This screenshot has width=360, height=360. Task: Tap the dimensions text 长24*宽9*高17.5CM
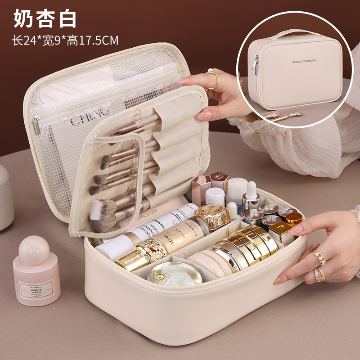(x=65, y=40)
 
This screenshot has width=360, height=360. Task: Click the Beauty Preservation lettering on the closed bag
(x=304, y=61)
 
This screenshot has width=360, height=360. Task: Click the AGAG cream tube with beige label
(x=173, y=229)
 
